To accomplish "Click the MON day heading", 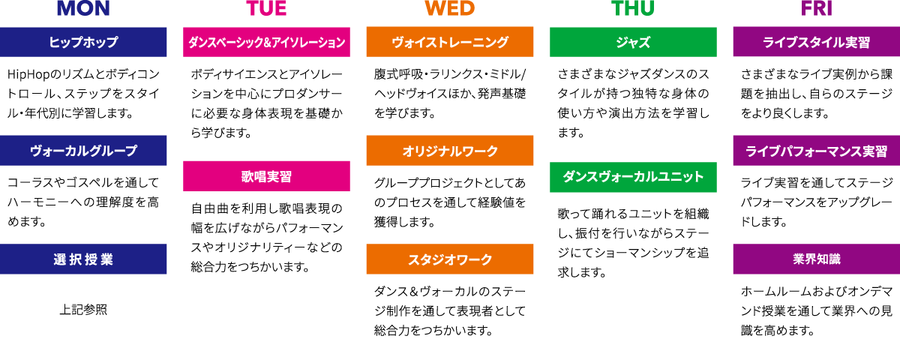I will click(83, 9).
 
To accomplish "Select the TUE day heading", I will click(266, 9).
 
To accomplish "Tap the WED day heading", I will click(450, 9).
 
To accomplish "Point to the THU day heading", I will click(633, 9).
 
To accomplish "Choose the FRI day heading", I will click(817, 9).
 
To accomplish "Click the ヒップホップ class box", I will click(83, 42).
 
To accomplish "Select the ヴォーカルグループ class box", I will click(83, 150).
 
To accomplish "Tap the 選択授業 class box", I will click(83, 259).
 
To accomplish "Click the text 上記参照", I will click(83, 309).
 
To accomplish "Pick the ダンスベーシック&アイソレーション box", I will click(266, 42).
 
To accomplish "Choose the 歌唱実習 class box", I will click(266, 176).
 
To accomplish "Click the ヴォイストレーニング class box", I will click(450, 42).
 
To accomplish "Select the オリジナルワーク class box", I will click(450, 151).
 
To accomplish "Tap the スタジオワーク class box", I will click(450, 259).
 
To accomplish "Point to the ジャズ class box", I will click(633, 42).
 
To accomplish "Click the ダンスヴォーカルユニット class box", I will click(633, 177).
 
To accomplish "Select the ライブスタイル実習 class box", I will click(817, 42).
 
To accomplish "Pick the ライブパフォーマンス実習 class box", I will click(817, 151).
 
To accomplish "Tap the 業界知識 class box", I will click(817, 259).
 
